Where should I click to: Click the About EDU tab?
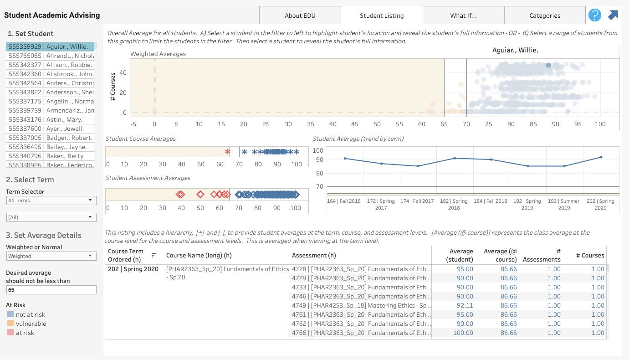click(300, 15)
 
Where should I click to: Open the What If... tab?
click(463, 15)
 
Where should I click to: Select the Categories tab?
click(544, 15)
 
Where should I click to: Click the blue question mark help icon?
click(594, 15)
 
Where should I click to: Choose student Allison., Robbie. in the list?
click(50, 65)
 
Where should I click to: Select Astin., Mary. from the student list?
click(50, 119)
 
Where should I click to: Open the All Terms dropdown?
click(51, 201)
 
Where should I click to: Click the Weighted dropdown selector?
click(51, 256)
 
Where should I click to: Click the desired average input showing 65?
click(51, 290)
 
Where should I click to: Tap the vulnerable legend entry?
click(31, 324)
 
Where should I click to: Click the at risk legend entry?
click(25, 333)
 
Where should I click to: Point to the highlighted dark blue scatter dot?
click(548, 65)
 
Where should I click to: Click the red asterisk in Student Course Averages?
click(227, 152)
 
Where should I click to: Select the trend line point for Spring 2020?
click(601, 157)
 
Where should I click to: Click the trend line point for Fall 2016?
click(345, 159)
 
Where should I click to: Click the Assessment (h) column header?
click(313, 255)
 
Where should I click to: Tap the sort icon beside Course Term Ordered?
click(154, 255)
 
